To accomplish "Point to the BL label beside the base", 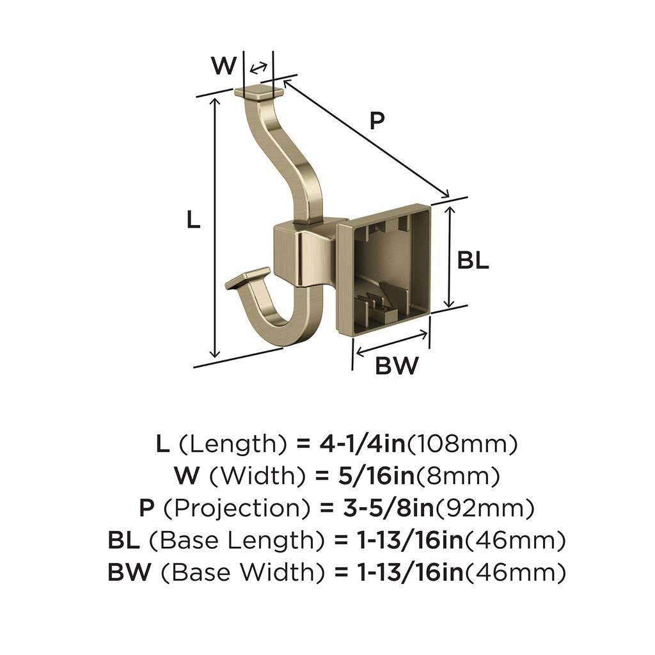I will tap(473, 260).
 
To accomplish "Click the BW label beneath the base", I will tap(396, 366).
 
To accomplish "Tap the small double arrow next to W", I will tap(258, 68).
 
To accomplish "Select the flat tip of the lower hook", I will tap(248, 278).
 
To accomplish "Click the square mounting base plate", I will tap(384, 269).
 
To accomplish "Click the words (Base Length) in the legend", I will tap(235, 541).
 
